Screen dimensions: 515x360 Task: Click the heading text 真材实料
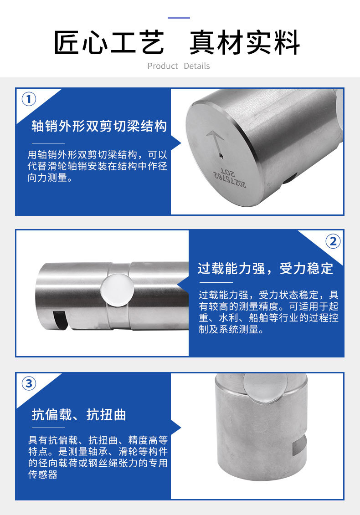point(245,43)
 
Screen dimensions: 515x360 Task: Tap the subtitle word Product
point(163,66)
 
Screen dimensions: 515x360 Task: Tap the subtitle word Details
point(197,66)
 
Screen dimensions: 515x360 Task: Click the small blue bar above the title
point(179,18)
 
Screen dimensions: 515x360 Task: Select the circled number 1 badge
point(29,99)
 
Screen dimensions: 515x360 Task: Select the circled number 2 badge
point(333,241)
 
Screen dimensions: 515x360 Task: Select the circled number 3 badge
point(29,383)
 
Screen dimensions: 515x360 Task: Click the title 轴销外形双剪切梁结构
point(99,126)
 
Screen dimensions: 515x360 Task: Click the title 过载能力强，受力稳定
point(265,268)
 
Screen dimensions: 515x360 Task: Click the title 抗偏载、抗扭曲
point(79,415)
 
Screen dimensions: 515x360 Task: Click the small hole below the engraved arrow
point(221,156)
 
